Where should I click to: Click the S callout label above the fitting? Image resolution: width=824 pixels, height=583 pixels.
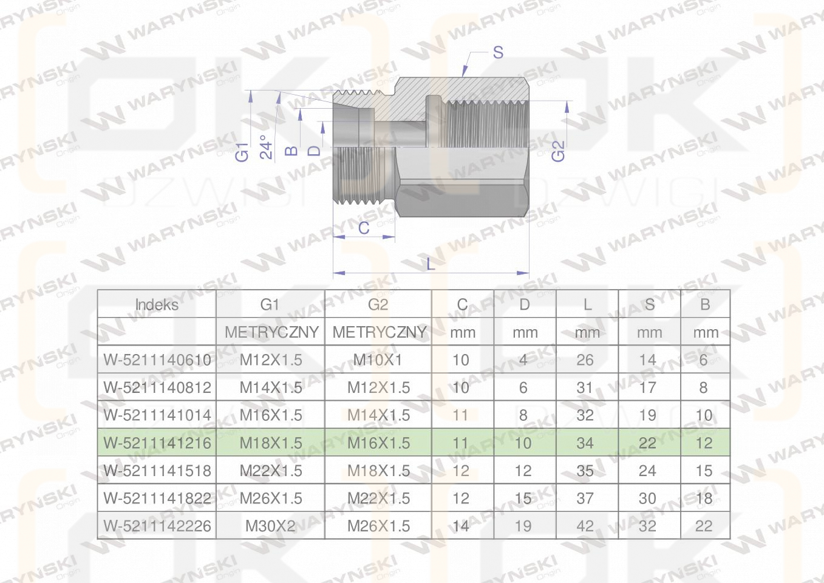(498, 53)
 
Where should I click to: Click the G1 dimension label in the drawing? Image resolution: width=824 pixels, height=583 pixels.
(242, 152)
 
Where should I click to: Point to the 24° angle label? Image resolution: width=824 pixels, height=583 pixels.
(266, 148)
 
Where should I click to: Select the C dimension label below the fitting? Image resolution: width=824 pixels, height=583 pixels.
(364, 228)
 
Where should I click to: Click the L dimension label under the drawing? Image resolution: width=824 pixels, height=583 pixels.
(431, 264)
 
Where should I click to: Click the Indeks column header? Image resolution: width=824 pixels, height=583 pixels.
(157, 305)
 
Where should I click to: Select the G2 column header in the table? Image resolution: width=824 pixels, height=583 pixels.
(378, 305)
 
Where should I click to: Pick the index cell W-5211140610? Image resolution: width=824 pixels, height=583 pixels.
(157, 360)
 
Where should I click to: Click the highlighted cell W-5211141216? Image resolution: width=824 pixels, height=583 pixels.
(157, 443)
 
